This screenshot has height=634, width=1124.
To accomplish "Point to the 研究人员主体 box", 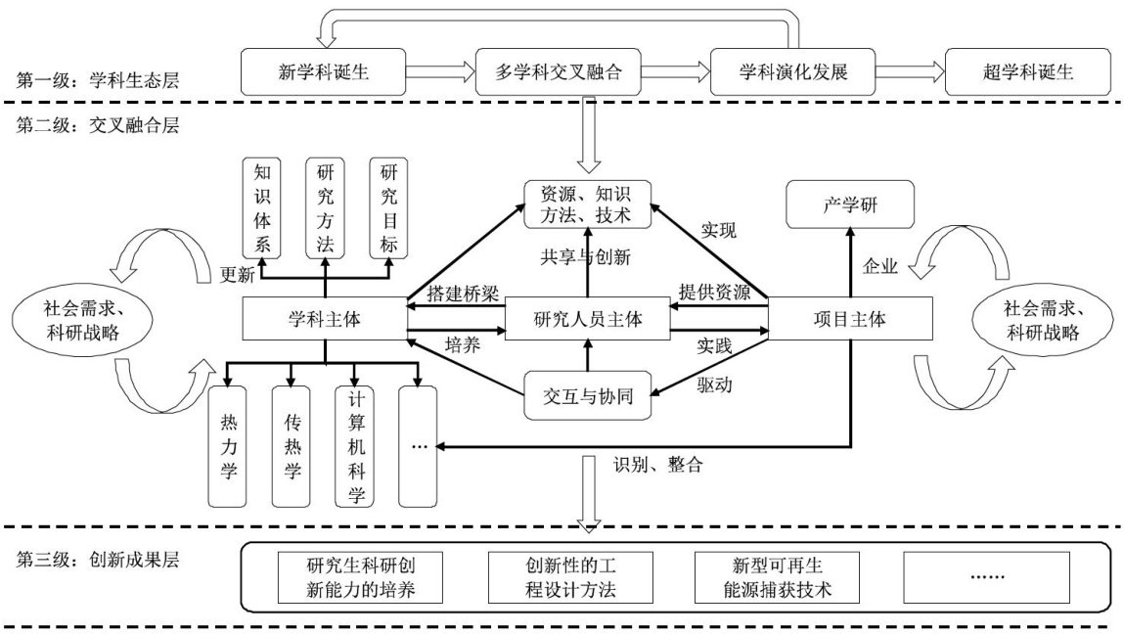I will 587,319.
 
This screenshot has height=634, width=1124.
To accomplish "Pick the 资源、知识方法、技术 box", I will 587,204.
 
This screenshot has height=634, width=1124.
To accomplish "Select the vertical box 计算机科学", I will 355,445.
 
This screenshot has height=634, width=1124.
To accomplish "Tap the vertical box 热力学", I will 228,445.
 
